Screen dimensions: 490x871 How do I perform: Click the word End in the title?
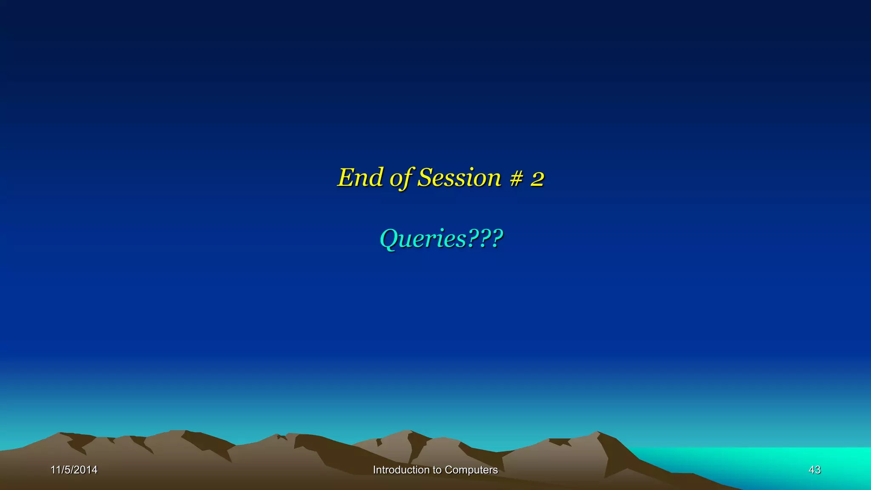(x=360, y=177)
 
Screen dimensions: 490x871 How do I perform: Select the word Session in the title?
(x=459, y=177)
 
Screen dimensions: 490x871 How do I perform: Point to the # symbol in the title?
(x=516, y=178)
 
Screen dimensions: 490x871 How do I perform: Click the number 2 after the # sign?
(x=537, y=179)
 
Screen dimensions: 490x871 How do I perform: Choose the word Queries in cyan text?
(x=423, y=239)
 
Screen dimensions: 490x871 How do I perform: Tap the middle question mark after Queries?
(x=485, y=238)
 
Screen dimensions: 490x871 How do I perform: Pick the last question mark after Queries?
(x=497, y=238)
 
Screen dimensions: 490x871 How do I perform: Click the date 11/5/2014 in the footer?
(x=74, y=470)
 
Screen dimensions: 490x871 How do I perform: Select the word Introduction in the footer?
(x=401, y=470)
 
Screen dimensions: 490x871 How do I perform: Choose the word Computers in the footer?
(x=471, y=470)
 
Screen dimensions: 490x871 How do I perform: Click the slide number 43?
(x=814, y=470)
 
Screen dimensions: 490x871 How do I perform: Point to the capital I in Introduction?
(x=374, y=470)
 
